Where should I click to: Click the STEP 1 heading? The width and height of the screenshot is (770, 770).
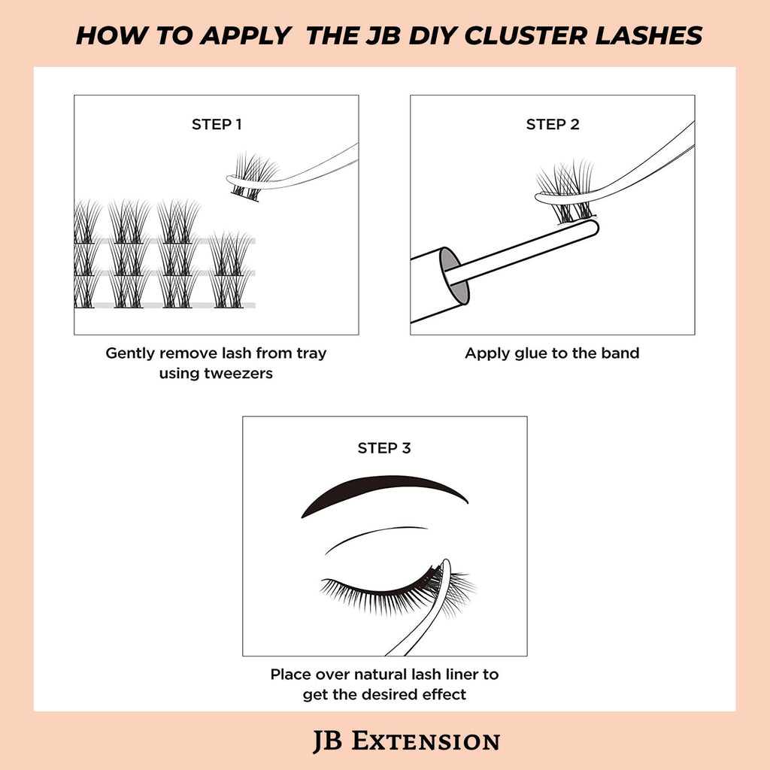tap(217, 125)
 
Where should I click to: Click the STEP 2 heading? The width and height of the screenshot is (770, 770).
tap(553, 125)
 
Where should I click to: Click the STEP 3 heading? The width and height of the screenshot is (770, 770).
tap(384, 448)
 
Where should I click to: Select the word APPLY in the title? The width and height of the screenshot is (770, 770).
tap(245, 35)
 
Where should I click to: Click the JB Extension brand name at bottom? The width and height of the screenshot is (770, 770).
tap(406, 741)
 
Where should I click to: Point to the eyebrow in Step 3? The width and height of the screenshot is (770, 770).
tap(383, 493)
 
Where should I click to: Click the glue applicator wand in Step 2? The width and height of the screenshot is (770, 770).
tap(526, 252)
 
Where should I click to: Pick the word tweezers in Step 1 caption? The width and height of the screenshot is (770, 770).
tap(238, 373)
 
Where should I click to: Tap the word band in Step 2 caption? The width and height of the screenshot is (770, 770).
tap(618, 353)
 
